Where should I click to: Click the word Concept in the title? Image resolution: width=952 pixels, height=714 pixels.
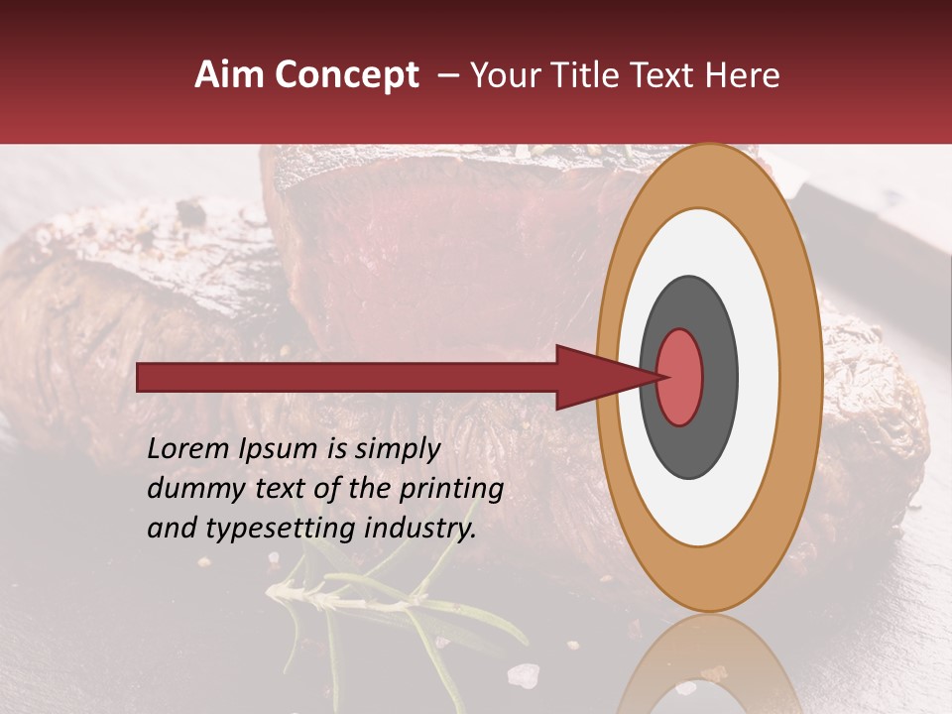(345, 75)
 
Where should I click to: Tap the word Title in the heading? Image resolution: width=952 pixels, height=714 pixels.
(575, 75)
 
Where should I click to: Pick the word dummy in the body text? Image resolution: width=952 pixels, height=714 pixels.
(191, 489)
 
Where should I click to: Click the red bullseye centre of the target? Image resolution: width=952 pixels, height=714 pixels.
(680, 378)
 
